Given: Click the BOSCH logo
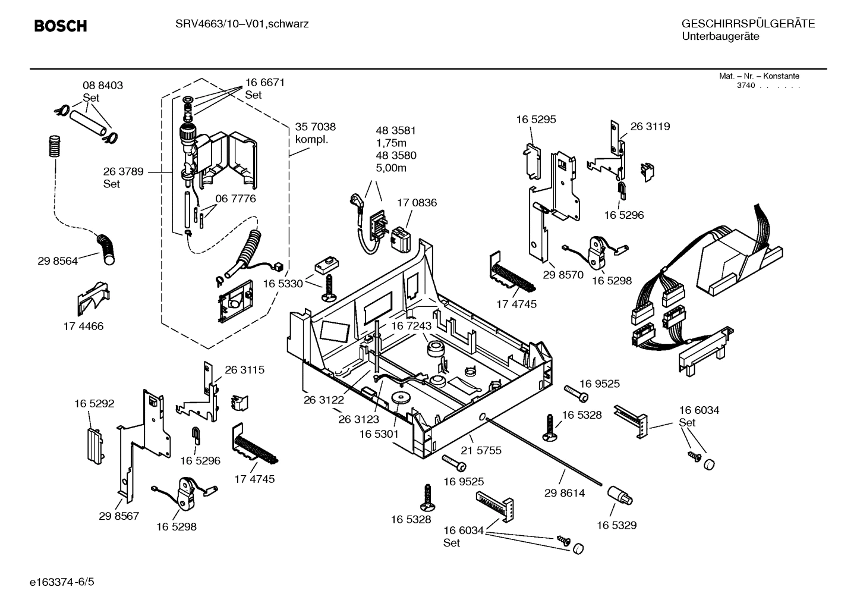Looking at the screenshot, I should (61, 26).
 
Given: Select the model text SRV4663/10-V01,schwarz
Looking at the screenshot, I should (241, 24).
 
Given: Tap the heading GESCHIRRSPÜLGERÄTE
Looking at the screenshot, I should (748, 24).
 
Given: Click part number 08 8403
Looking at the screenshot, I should (103, 86).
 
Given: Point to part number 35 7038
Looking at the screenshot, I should (315, 127).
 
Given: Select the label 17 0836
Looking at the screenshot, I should (417, 203).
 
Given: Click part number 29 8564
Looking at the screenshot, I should (58, 261).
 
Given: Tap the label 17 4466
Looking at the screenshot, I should (83, 326).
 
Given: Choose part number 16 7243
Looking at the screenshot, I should (411, 326).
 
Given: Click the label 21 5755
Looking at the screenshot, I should (481, 450).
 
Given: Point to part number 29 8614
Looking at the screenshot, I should (565, 493).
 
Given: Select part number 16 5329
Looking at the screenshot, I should (617, 525).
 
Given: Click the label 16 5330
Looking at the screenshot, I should (283, 284).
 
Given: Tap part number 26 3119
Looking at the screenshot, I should (650, 127).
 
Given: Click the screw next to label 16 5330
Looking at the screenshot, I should (327, 287).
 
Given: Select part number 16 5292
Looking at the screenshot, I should (94, 404).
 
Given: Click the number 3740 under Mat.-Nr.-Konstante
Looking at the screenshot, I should (746, 86).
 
